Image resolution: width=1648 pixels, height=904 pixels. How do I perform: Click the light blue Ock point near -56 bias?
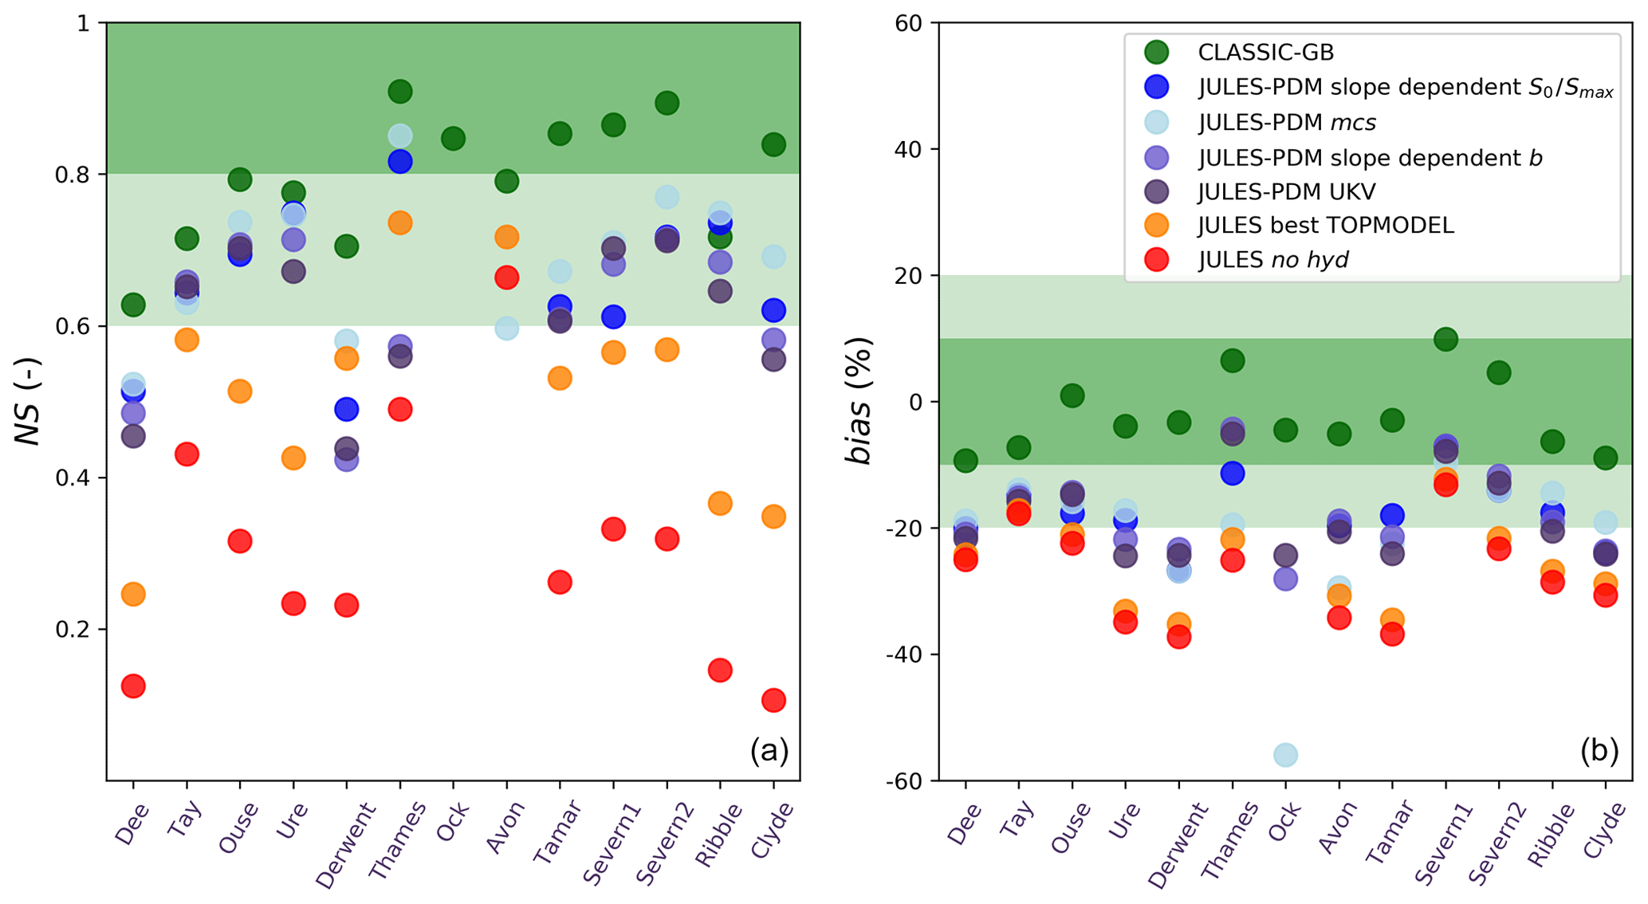click(x=1285, y=754)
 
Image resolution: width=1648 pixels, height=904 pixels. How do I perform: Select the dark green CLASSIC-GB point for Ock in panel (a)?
click(x=453, y=139)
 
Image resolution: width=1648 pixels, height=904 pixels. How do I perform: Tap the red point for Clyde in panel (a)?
click(x=773, y=700)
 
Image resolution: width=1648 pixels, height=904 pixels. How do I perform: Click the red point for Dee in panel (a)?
click(x=133, y=686)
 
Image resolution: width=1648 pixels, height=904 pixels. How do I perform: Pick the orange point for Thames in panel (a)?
click(x=399, y=223)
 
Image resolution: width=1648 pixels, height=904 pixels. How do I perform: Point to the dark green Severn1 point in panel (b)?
click(x=1445, y=340)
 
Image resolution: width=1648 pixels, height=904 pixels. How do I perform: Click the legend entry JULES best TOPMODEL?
click(x=1326, y=226)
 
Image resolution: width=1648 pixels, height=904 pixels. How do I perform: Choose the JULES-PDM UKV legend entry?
click(x=1286, y=191)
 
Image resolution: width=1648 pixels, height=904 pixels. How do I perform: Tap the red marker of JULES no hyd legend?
click(x=1156, y=259)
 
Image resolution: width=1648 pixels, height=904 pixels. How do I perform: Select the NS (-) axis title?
click(x=30, y=402)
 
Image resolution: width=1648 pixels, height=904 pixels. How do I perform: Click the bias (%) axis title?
click(x=859, y=401)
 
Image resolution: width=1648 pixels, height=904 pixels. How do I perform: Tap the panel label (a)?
click(x=769, y=750)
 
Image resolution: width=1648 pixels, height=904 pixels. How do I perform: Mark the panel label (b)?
click(x=1599, y=750)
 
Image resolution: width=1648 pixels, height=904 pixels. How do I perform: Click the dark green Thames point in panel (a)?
click(x=399, y=92)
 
